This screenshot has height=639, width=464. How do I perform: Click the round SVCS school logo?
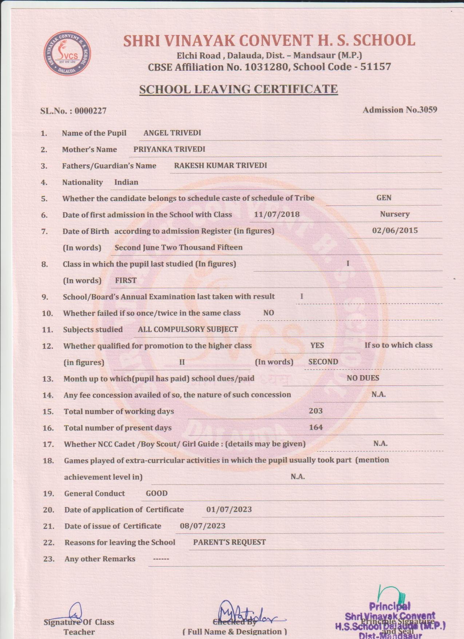(x=67, y=54)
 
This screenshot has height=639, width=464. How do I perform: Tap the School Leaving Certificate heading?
(x=238, y=89)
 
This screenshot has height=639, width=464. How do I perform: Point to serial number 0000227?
(x=91, y=111)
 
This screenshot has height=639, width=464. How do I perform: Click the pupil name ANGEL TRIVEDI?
(x=172, y=133)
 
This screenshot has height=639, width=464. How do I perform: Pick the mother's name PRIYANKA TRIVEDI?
(x=169, y=149)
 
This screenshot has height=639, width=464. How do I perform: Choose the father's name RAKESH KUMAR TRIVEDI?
(x=220, y=165)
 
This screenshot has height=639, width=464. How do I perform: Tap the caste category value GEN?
(x=384, y=198)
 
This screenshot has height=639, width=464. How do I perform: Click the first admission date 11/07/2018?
(x=277, y=214)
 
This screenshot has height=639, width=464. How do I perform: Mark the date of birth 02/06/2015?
(x=395, y=230)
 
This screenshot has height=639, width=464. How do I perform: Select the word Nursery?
(x=395, y=214)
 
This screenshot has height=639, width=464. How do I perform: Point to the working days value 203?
(x=316, y=411)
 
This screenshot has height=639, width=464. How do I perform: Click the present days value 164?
(x=316, y=427)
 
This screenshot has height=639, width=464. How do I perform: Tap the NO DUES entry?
(x=363, y=378)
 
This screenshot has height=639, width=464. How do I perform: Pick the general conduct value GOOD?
(x=156, y=493)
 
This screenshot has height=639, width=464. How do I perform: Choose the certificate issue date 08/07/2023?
(x=203, y=526)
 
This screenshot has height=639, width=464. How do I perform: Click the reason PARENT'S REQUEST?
(x=229, y=542)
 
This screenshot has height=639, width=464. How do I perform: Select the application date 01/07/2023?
(x=229, y=510)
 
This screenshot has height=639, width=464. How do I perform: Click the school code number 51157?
(x=376, y=67)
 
